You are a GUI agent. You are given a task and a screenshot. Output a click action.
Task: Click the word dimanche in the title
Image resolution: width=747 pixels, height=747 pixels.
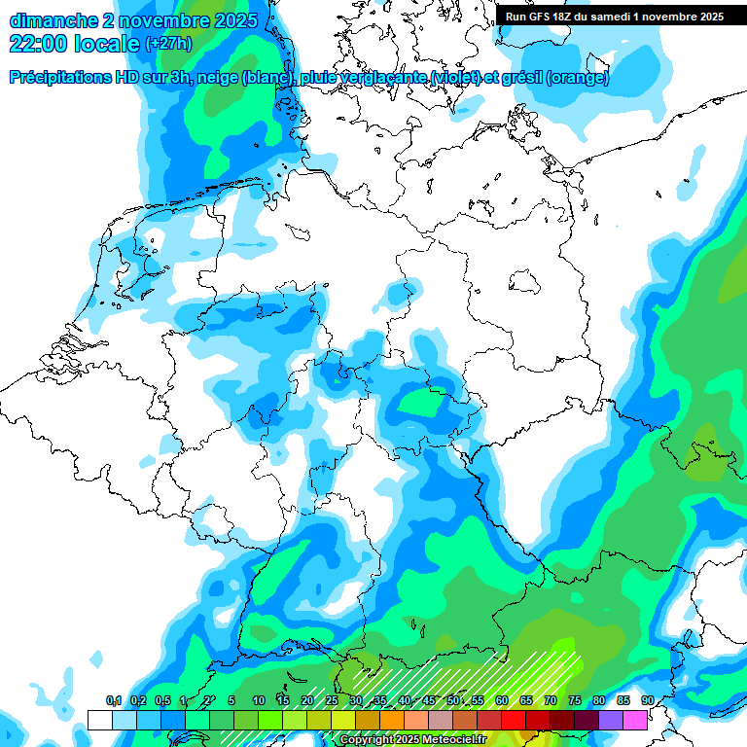(x=53, y=19)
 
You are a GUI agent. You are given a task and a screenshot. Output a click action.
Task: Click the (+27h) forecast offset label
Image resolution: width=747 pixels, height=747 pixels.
(x=167, y=44)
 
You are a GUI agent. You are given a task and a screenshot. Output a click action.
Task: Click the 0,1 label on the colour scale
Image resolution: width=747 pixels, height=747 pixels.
(x=113, y=701)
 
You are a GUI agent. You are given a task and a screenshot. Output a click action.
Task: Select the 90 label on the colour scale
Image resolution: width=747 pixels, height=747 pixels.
(x=647, y=701)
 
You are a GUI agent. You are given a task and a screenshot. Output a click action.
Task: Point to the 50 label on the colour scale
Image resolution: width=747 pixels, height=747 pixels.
(x=453, y=701)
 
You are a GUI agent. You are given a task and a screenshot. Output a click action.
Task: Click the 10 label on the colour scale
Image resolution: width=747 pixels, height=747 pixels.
(x=258, y=701)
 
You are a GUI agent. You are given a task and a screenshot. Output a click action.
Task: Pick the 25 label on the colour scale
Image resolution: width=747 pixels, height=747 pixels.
(x=332, y=701)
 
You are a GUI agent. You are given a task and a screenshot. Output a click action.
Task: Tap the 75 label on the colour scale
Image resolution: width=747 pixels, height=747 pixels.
(x=574, y=701)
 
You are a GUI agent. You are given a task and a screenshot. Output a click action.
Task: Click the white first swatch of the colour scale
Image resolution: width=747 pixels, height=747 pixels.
(x=99, y=720)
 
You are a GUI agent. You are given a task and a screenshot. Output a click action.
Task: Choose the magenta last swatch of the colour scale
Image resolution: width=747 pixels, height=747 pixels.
(x=635, y=720)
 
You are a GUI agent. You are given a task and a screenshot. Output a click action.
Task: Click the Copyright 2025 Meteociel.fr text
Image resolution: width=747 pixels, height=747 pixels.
(x=412, y=740)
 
